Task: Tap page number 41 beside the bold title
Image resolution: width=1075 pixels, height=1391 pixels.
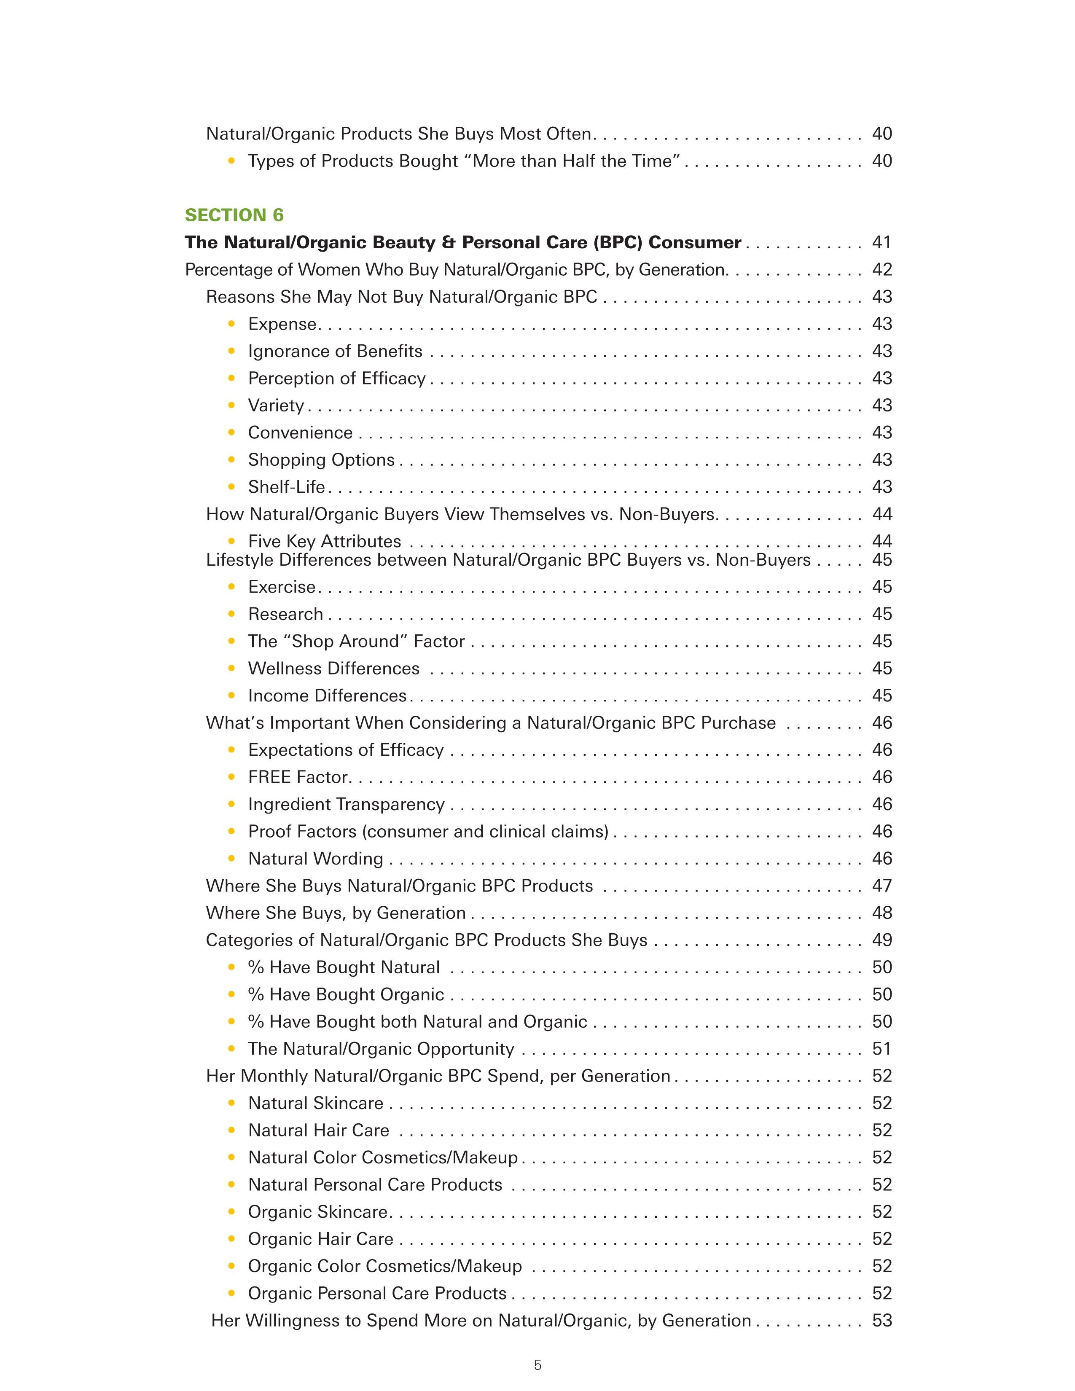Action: coord(881,243)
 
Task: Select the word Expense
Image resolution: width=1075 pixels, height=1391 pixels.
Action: coord(282,324)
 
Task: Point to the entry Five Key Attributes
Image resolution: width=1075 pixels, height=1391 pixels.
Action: coord(324,541)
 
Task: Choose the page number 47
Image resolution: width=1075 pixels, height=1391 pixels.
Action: coord(881,886)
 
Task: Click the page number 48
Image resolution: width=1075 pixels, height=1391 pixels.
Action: coord(881,913)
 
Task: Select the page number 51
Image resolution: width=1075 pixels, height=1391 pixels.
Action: coord(881,1049)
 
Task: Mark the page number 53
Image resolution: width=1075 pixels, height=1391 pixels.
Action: coord(881,1321)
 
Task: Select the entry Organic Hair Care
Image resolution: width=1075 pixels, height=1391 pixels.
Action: coord(320,1239)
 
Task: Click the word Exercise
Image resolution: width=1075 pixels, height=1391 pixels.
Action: coord(282,587)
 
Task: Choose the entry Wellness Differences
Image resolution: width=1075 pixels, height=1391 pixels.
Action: coord(334,669)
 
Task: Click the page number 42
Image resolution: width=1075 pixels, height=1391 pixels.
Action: coord(881,270)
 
